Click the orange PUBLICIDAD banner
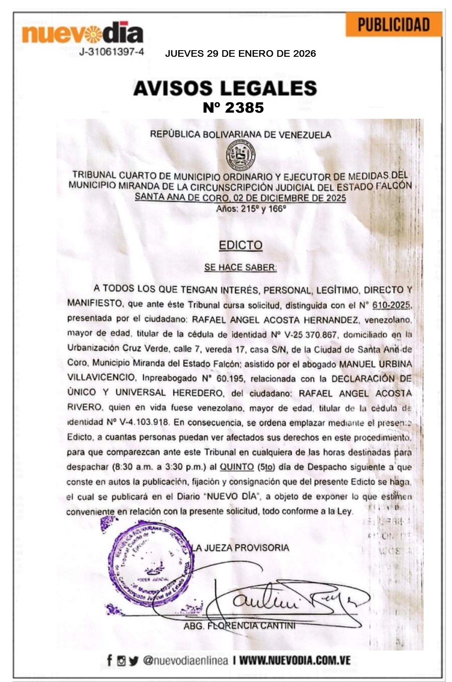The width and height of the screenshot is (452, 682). (x=393, y=25)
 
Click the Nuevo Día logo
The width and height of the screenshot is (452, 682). (x=83, y=33)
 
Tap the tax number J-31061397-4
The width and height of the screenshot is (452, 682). (x=111, y=52)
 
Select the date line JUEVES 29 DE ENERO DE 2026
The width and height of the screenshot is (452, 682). (x=240, y=54)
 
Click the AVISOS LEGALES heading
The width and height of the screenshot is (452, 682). (x=225, y=88)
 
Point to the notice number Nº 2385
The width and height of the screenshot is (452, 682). (x=233, y=107)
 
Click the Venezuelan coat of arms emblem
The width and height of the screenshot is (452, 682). (x=240, y=155)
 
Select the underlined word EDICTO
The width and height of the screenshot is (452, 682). (x=240, y=245)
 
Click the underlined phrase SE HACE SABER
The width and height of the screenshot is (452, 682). (x=240, y=267)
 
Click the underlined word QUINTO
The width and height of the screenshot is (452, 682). (x=237, y=467)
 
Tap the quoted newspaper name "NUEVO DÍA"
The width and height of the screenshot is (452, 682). (x=232, y=496)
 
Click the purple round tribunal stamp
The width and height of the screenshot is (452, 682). (x=150, y=563)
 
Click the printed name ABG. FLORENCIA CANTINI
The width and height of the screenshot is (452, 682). (x=239, y=625)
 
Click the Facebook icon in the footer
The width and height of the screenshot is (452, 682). (x=109, y=660)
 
